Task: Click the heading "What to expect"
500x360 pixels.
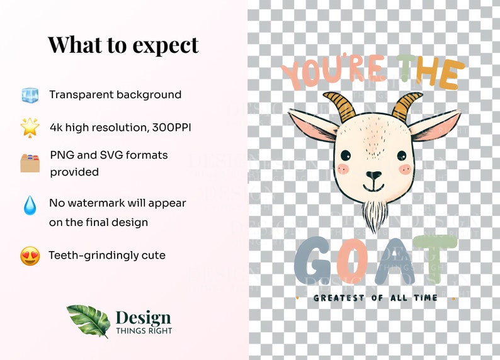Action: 123,45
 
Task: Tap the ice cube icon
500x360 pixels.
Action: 30,96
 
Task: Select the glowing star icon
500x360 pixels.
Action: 30,127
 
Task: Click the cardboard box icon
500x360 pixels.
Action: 30,162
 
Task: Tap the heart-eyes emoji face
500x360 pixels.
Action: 30,256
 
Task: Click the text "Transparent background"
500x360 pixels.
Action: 115,95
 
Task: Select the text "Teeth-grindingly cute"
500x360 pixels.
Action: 107,256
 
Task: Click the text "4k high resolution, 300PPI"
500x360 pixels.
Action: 120,128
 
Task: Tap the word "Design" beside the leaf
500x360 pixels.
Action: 143,317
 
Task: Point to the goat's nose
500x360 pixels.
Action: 373,175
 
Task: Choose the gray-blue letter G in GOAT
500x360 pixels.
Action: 314,259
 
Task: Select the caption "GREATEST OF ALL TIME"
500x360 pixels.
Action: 375,298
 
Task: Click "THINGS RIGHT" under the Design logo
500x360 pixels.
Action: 144,330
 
